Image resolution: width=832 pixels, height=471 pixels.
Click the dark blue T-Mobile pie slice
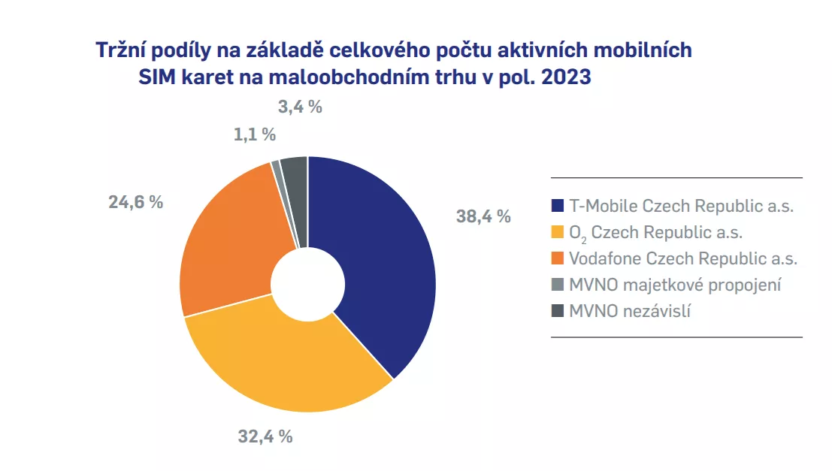point(376,263)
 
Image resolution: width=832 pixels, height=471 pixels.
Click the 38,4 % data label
point(483,217)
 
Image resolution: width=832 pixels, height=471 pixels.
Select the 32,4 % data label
point(265,436)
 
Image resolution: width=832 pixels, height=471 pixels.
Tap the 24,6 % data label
point(136,202)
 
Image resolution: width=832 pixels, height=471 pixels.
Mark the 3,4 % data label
point(300,107)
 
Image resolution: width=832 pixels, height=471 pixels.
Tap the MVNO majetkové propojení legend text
point(676,284)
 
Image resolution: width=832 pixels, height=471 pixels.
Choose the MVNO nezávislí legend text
point(629,310)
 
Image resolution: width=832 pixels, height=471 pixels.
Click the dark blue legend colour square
point(557,206)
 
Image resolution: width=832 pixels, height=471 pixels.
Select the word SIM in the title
point(160,77)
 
